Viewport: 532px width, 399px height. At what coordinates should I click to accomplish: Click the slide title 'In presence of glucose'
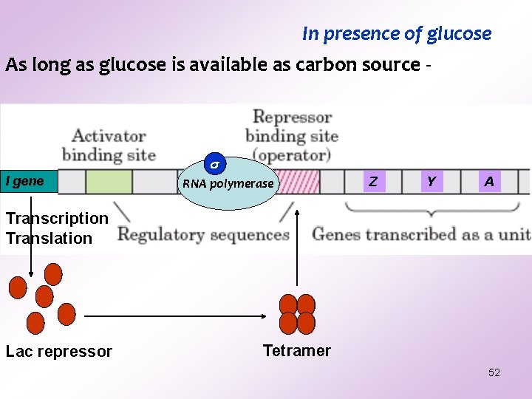point(397,34)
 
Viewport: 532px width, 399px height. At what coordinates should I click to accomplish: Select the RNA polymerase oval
point(228,186)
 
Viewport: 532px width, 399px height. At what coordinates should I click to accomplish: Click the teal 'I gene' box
point(28,181)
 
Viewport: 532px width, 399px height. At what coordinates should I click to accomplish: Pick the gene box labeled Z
point(374,181)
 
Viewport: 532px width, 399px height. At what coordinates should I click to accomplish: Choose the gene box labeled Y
point(432,181)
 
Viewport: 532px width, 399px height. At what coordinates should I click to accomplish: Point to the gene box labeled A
point(489,181)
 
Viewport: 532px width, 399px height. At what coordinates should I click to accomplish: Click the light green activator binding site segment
point(109,181)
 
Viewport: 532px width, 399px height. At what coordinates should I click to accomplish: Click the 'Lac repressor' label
point(59,352)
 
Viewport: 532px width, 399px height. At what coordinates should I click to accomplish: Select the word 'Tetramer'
point(297,350)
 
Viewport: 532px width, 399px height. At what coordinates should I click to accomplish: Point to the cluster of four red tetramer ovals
point(297,313)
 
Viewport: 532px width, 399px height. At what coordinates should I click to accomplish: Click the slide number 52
point(494,372)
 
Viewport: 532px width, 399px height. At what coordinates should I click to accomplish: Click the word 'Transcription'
point(57,218)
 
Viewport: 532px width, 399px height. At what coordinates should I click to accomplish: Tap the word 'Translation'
point(49,238)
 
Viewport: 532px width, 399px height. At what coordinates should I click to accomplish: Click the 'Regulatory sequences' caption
point(203,235)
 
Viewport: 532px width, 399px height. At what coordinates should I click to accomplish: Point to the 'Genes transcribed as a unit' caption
point(421,234)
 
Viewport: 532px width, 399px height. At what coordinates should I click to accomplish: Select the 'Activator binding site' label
point(109,145)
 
